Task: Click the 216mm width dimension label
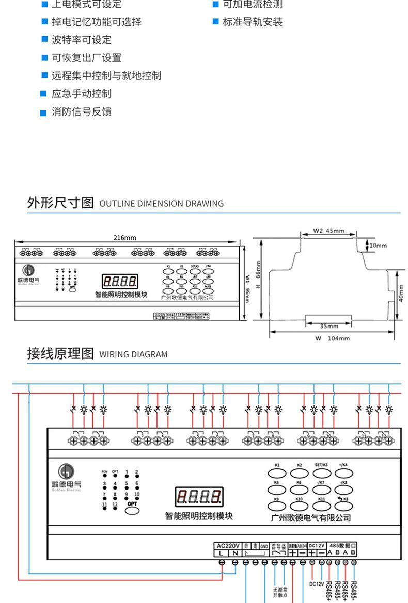(x=125, y=238)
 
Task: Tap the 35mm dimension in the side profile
(x=328, y=326)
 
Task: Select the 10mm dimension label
(x=378, y=246)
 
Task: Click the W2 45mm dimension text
(x=328, y=231)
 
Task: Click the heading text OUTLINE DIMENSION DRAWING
(x=162, y=204)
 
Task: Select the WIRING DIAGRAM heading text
(x=133, y=355)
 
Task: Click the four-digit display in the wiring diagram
(x=199, y=497)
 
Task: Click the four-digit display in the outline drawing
(x=120, y=282)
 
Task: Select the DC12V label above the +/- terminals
(x=317, y=545)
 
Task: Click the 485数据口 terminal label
(x=342, y=545)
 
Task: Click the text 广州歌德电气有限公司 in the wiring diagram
(x=311, y=518)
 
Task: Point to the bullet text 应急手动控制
(x=81, y=94)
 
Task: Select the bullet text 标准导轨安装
(x=253, y=22)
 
